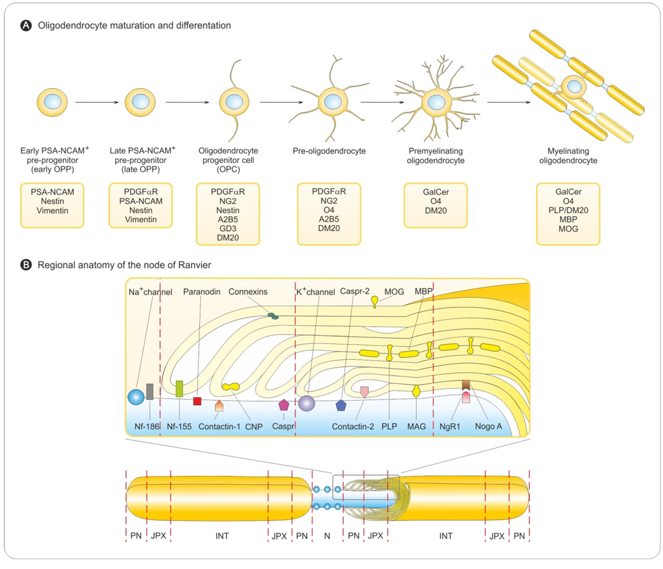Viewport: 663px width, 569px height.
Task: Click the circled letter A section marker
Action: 27,26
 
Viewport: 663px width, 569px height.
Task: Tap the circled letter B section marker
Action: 27,265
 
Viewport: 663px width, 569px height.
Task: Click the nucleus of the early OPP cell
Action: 52,102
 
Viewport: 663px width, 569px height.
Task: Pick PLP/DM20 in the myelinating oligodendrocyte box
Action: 568,210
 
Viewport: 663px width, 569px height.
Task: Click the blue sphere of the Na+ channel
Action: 136,397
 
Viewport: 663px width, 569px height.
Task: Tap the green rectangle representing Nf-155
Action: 179,388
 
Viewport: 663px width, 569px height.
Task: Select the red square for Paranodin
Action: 197,401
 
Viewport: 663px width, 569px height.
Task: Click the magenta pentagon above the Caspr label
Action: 284,405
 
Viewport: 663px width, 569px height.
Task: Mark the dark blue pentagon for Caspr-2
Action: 341,405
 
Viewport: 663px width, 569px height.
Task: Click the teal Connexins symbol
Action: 274,316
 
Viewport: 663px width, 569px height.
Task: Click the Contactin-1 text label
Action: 219,426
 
